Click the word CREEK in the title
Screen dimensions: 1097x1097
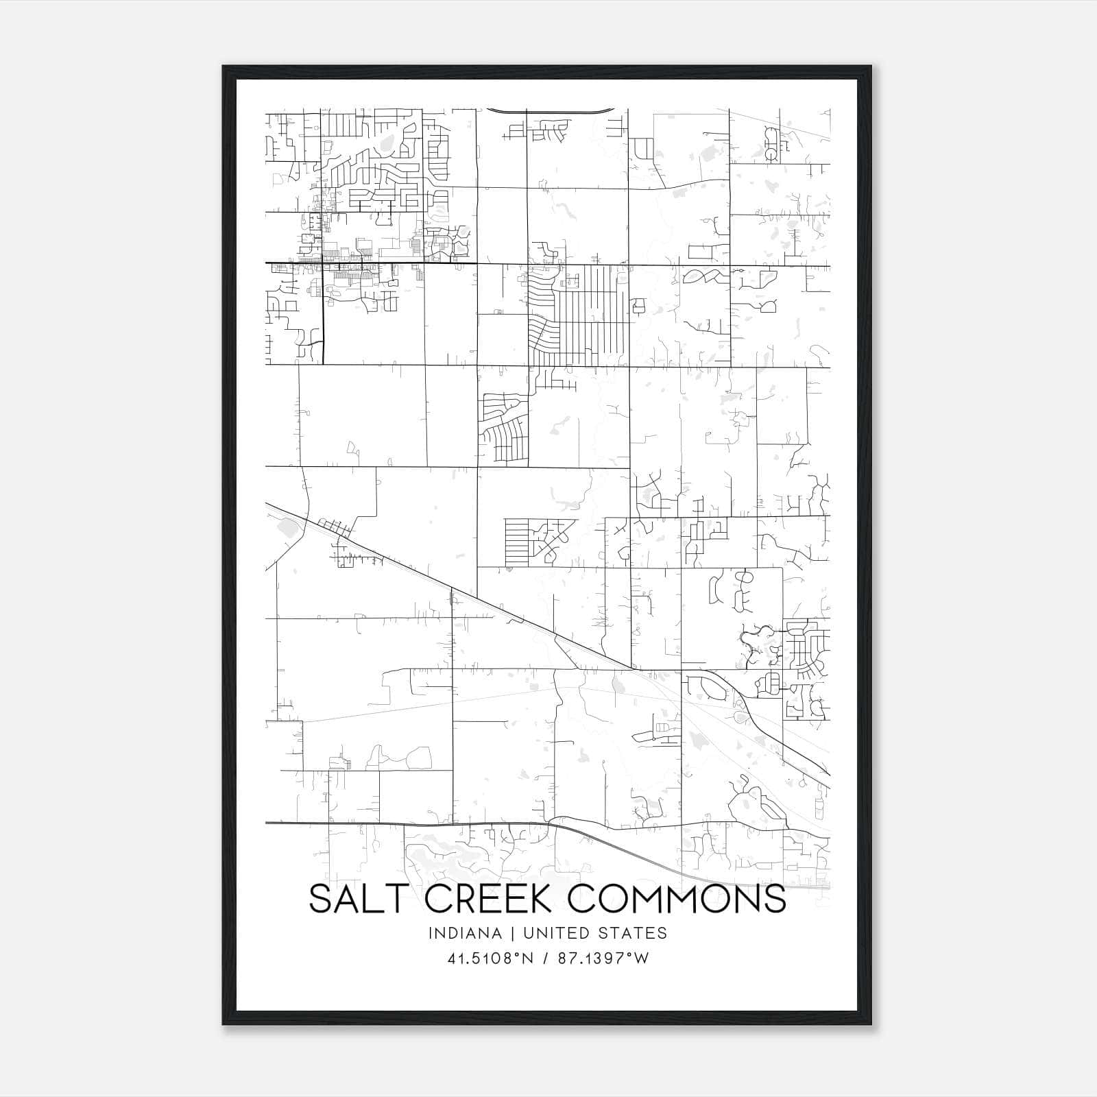pos(492,899)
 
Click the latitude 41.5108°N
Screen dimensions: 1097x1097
pos(490,959)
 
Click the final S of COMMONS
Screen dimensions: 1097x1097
pos(774,899)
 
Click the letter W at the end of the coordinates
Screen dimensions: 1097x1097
pos(642,959)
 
